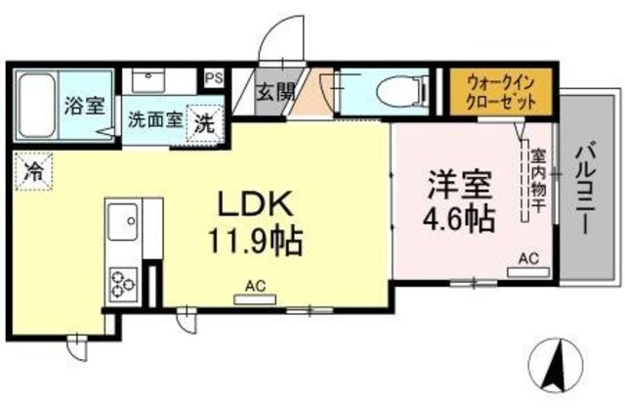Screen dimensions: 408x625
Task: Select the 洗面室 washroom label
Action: tap(154, 122)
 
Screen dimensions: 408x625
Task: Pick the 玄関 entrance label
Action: tap(274, 94)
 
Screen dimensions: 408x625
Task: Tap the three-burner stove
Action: tap(124, 281)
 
